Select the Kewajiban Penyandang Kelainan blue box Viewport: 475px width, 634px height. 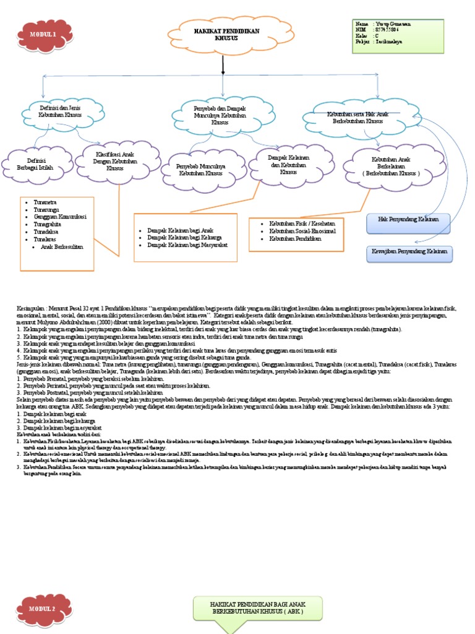pos(408,253)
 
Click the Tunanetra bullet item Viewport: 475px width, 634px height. pos(38,202)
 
